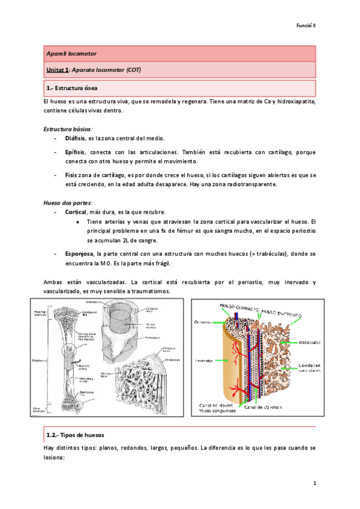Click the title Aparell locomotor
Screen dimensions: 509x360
71,54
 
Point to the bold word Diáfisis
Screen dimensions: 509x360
76,139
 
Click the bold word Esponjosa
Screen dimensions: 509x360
80,254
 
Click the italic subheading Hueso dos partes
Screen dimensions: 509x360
67,202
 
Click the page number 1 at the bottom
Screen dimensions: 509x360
314,483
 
